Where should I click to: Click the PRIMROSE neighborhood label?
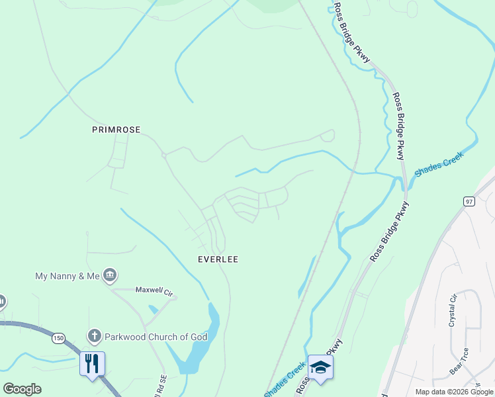point(116,130)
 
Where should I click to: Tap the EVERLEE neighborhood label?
point(218,259)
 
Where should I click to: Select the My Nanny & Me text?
point(67,275)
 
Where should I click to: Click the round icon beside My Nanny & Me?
point(111,275)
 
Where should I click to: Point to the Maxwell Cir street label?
point(154,290)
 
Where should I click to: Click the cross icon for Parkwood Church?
point(94,337)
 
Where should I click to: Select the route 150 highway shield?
point(58,338)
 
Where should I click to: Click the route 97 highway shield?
point(469,201)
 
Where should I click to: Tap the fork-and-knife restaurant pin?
point(92,363)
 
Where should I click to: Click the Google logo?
point(22,389)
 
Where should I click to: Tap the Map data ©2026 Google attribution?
point(454,392)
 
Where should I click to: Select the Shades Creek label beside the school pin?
point(285,379)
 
